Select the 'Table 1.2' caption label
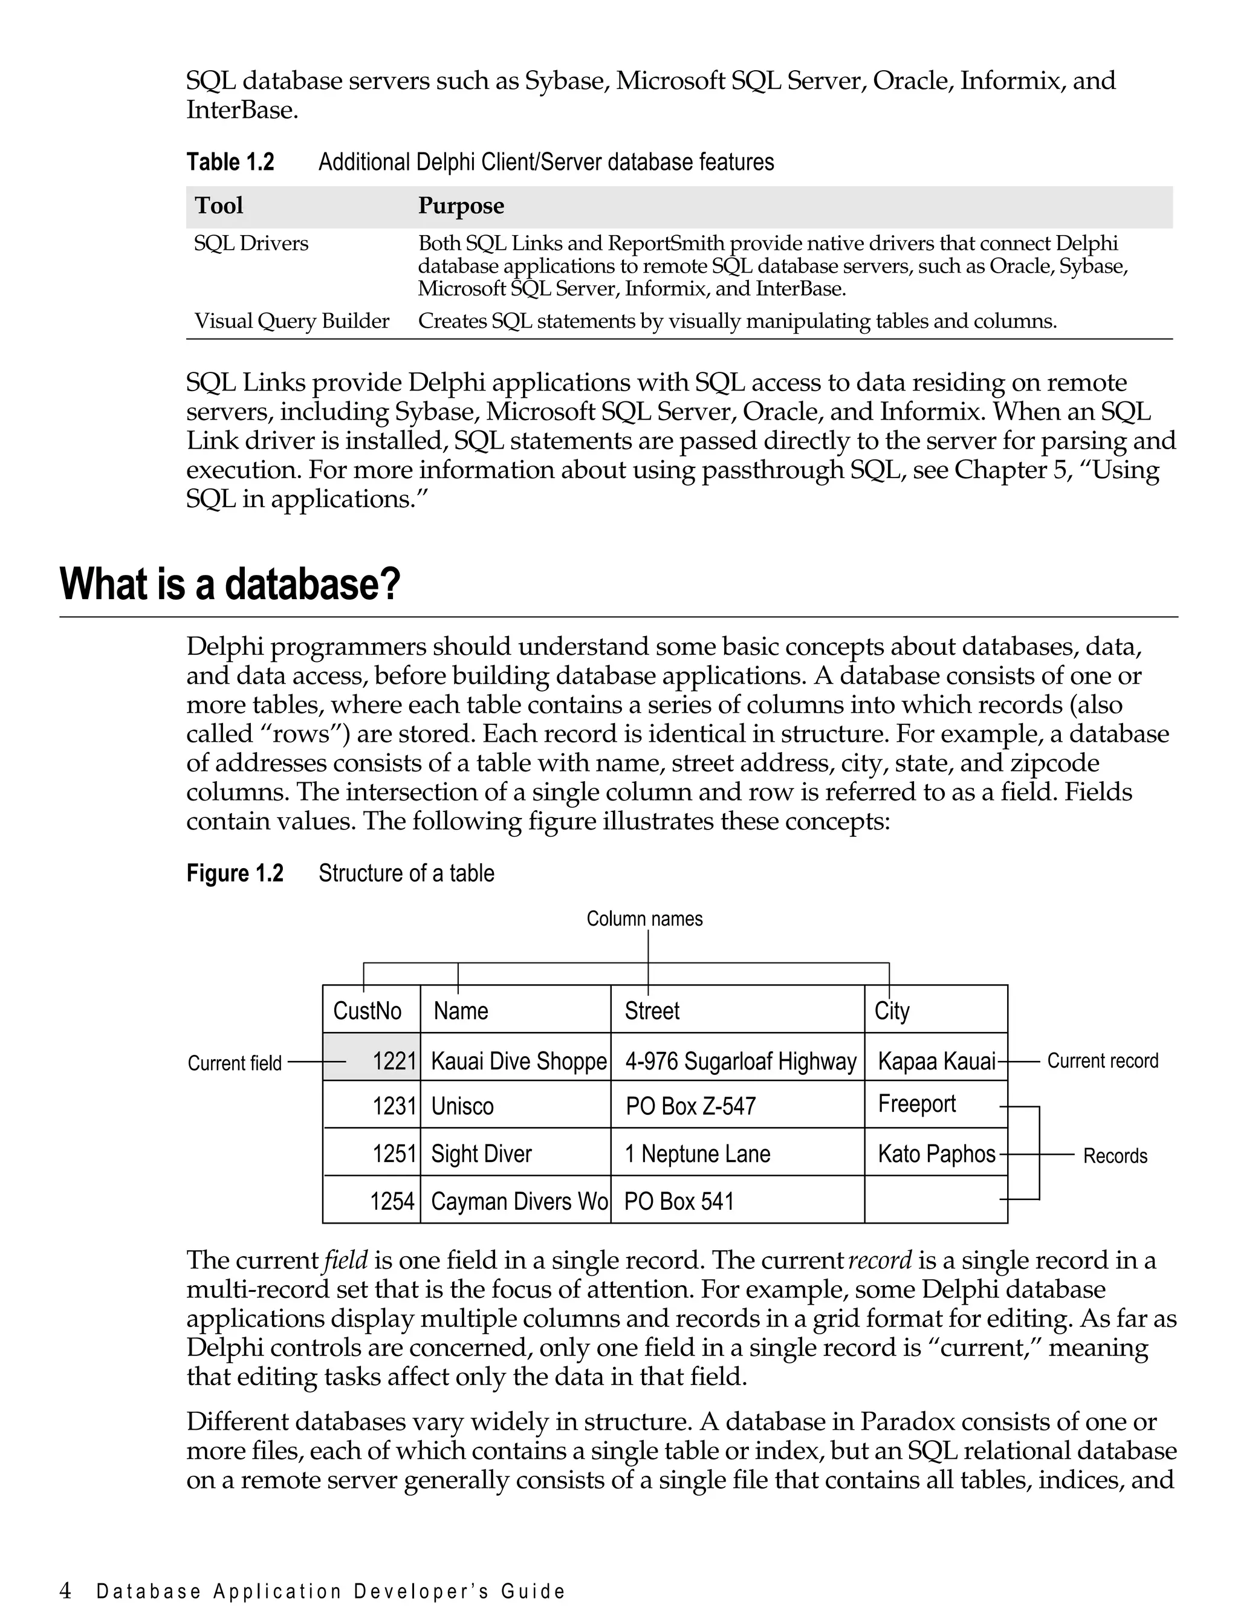coord(230,162)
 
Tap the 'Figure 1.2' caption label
coord(235,873)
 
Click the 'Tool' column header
coord(218,206)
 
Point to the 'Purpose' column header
coord(461,206)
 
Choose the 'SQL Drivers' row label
coord(250,243)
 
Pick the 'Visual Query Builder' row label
coord(291,321)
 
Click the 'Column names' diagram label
coord(644,919)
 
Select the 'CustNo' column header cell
coord(367,1010)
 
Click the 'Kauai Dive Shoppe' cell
coord(518,1061)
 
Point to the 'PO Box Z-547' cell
coord(690,1106)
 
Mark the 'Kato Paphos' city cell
coord(936,1153)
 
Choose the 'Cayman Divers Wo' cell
coord(519,1201)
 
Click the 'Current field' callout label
coord(235,1063)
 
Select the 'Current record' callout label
coord(1103,1060)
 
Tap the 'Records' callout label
coord(1114,1155)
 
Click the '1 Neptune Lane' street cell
coord(697,1153)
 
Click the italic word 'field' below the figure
coord(346,1260)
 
